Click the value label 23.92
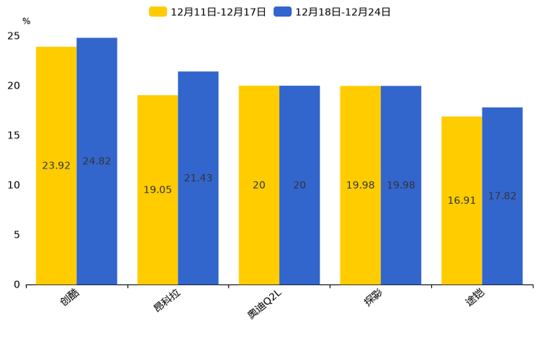[x=56, y=165]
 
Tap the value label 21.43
[x=198, y=178]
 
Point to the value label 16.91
[x=462, y=200]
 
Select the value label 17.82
[x=502, y=196]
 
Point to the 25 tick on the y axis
[x=14, y=36]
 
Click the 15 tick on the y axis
[x=14, y=136]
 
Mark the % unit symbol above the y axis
[x=26, y=22]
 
